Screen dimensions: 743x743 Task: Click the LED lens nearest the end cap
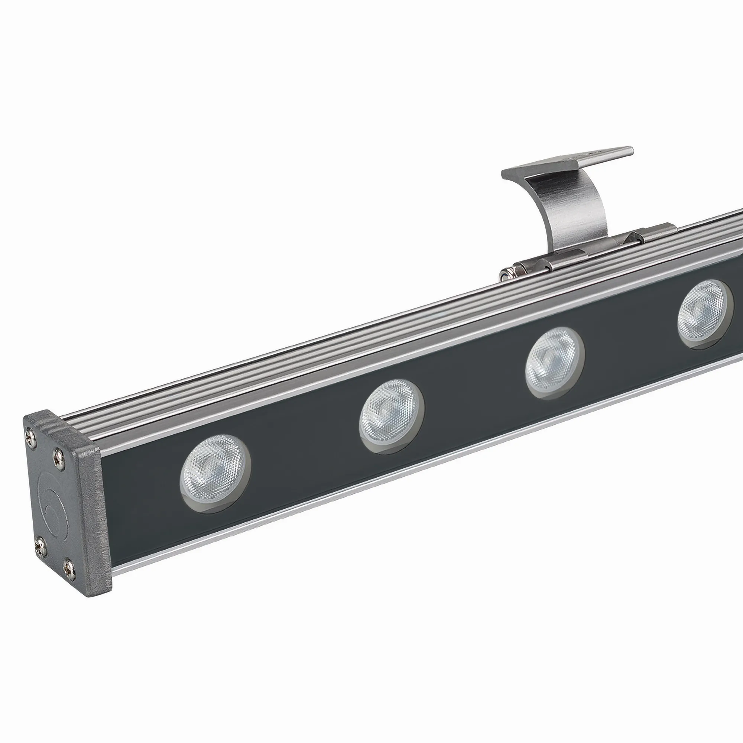(x=215, y=473)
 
